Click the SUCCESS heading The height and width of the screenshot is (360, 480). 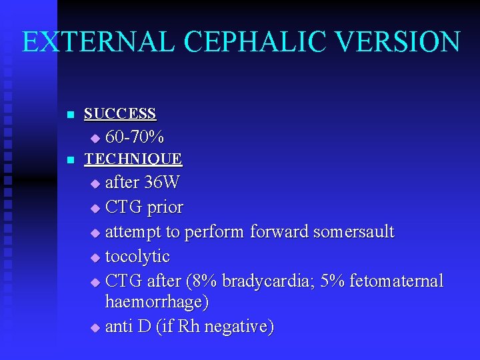(120, 113)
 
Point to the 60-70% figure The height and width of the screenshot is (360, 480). (135, 137)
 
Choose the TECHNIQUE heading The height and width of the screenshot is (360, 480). (133, 159)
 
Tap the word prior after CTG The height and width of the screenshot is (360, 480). (165, 207)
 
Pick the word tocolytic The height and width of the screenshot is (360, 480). (137, 257)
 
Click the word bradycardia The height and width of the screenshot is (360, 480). (263, 281)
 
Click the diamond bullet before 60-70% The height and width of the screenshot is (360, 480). (94, 139)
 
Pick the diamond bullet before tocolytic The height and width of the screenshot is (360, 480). (94, 258)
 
